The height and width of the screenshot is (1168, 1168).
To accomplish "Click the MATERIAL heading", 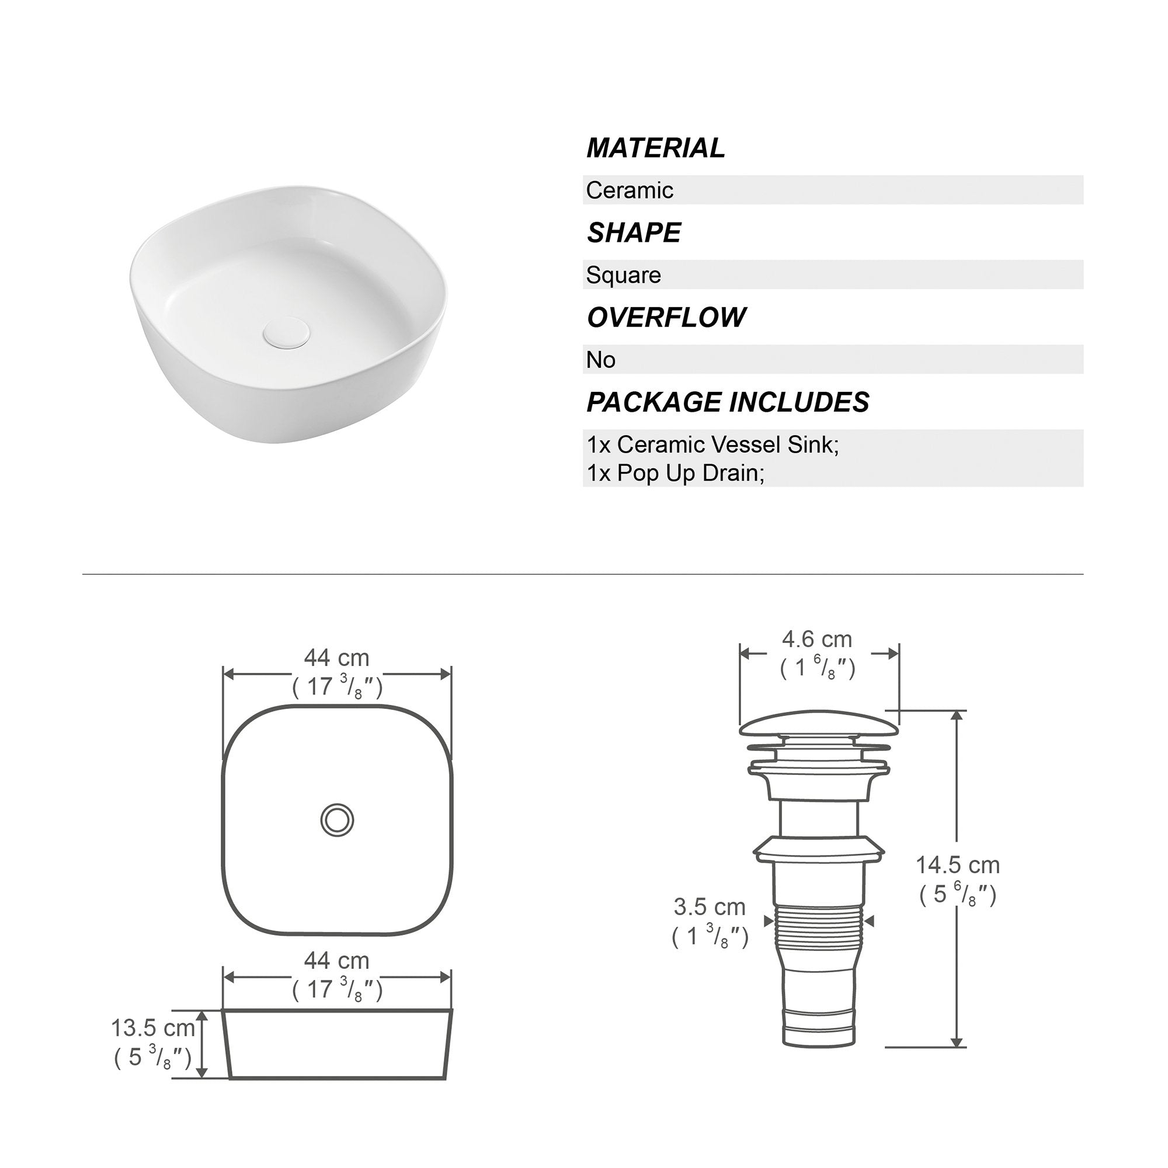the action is point(655,148).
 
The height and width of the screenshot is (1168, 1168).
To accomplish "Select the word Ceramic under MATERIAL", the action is point(630,190).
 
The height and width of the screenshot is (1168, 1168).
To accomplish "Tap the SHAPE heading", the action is point(634,233).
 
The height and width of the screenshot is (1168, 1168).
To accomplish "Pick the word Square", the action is point(623,276).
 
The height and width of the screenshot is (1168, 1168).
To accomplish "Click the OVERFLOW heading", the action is point(666,317).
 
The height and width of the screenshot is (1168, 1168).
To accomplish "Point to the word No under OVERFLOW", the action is point(600,360).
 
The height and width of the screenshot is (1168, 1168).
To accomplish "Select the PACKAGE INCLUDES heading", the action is point(728,402).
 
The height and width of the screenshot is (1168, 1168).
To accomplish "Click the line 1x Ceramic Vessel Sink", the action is point(712,445).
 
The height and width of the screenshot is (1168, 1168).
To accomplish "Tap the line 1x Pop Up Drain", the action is point(675,474).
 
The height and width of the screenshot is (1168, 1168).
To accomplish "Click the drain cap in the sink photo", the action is point(286,333).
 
